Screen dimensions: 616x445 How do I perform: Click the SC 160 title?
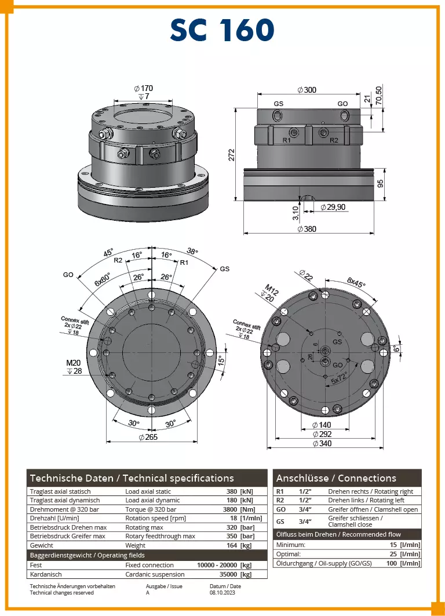point(222,30)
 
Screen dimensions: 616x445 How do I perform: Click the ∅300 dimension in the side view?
point(307,90)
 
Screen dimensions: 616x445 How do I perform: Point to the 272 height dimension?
point(232,155)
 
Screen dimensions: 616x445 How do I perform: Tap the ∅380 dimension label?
point(307,229)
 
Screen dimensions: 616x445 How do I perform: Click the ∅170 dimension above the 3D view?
point(143,89)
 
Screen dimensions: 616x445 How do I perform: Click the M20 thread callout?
point(73,363)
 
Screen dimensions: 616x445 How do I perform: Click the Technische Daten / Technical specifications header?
point(132,478)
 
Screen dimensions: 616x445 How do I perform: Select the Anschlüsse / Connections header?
point(336,478)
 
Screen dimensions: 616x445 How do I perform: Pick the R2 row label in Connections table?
point(280,500)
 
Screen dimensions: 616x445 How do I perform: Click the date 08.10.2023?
point(222,593)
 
